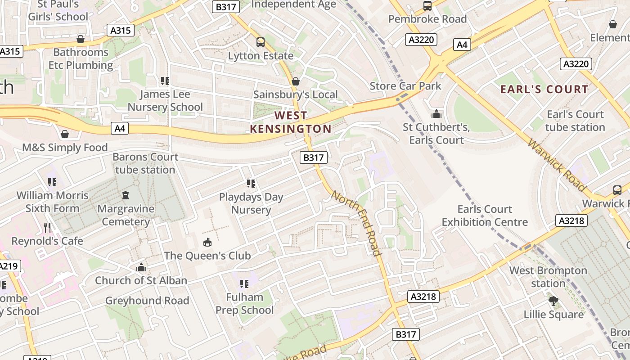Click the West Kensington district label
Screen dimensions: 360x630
point(291,122)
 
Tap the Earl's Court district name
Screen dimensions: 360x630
point(544,89)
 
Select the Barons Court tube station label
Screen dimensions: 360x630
point(145,163)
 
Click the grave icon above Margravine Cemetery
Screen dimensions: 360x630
point(126,195)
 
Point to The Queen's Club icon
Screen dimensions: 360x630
point(207,243)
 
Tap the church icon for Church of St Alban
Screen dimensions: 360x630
point(141,267)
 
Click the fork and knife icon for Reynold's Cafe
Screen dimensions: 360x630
point(47,228)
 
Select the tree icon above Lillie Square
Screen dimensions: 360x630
point(553,301)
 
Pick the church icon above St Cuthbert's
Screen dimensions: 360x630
point(436,114)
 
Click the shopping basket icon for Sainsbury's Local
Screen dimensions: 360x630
point(295,81)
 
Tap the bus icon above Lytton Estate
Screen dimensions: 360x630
point(260,42)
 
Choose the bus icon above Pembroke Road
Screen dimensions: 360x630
point(427,6)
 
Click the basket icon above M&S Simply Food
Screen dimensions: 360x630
point(65,134)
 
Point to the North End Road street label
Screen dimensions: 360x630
point(357,223)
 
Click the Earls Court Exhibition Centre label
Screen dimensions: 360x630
point(485,216)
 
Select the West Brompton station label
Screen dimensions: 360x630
point(548,277)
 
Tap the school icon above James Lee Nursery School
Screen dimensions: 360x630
point(165,81)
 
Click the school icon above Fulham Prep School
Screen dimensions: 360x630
point(244,283)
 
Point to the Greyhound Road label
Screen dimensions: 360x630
point(147,301)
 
